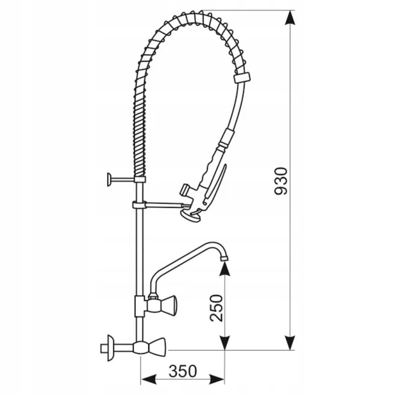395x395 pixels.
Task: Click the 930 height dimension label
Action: point(281,181)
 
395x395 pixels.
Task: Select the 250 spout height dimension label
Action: point(216,308)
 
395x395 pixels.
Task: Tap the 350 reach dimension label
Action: point(183,371)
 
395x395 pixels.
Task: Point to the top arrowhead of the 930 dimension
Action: point(290,18)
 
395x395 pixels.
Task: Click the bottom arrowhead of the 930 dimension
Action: point(290,342)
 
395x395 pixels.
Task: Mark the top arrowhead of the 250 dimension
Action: point(224,269)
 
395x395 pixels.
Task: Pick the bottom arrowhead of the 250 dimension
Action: point(224,342)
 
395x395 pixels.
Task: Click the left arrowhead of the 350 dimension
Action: point(148,379)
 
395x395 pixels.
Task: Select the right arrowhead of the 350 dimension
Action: point(217,379)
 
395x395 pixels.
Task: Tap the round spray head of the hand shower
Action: point(190,216)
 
